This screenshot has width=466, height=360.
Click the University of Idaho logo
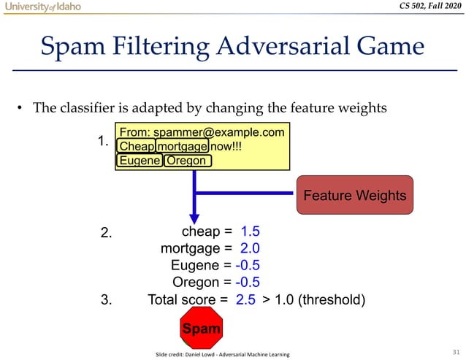(41, 7)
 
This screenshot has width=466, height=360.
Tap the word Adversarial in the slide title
(270, 47)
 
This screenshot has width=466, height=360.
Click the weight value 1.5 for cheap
(250, 231)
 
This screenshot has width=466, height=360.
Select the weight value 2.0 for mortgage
(250, 248)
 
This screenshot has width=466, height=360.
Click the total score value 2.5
(245, 299)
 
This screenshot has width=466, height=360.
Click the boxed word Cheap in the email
(137, 146)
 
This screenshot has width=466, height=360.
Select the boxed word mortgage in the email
(182, 146)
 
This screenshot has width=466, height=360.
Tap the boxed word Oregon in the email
(187, 161)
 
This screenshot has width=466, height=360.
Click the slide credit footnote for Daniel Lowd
(222, 354)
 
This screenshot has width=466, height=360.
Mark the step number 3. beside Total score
(106, 299)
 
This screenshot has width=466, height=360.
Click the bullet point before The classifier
(21, 110)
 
